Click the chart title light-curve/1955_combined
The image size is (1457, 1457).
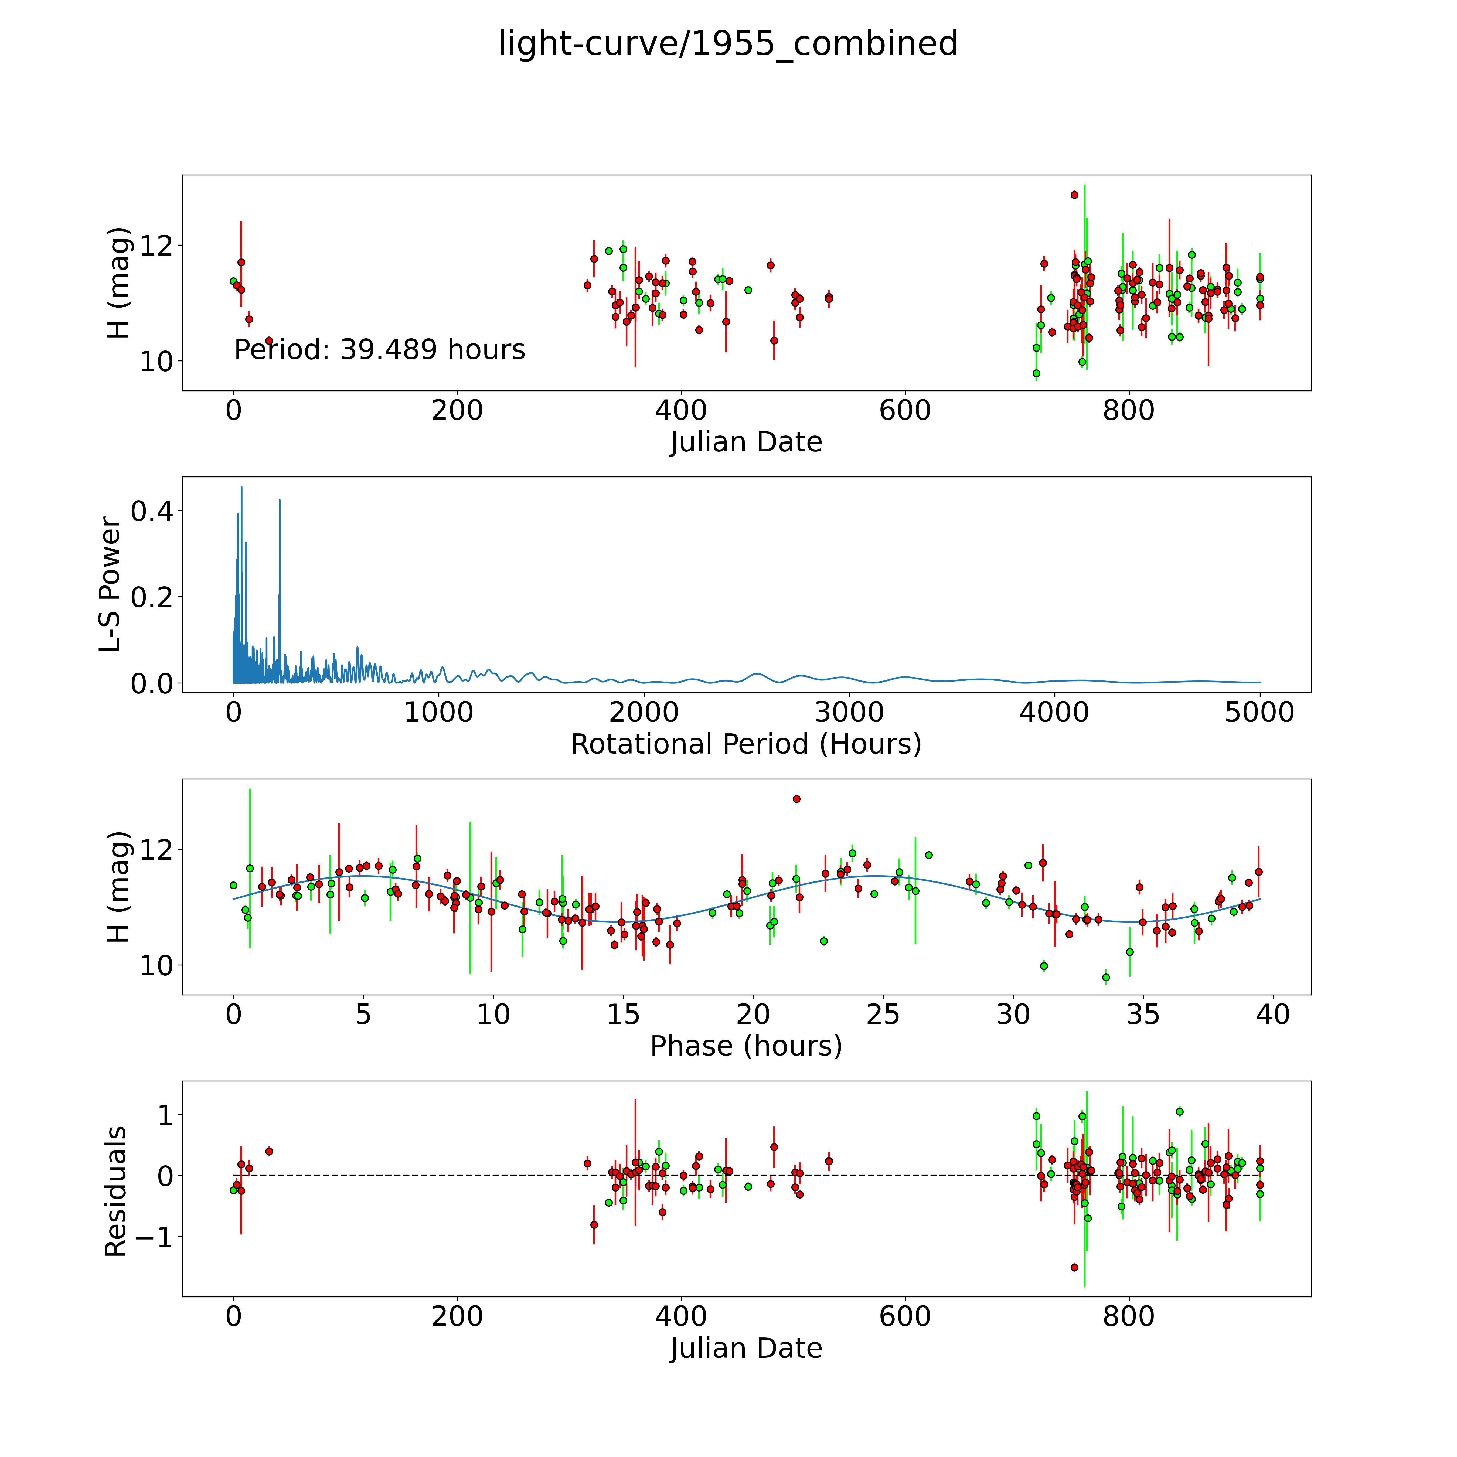[x=728, y=44]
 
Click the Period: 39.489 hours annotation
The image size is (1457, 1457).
[x=379, y=350]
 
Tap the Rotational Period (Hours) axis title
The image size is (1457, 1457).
[x=746, y=744]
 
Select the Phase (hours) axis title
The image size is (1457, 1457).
[x=746, y=1046]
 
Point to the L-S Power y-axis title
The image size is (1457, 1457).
[x=111, y=584]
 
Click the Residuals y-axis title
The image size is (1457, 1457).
[x=115, y=1192]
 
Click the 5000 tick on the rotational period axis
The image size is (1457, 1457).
[x=1259, y=713]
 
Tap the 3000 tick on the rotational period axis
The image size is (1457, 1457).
[x=849, y=713]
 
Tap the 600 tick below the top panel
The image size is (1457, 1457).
[x=905, y=411]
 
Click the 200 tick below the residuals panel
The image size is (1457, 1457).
[x=457, y=1317]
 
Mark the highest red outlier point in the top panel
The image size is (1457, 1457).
[x=1074, y=195]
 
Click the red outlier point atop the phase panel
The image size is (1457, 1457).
[x=796, y=799]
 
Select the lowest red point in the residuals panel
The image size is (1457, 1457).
[x=1074, y=1267]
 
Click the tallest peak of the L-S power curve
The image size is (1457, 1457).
[x=241, y=487]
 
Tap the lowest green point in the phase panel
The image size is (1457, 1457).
[x=1106, y=977]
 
